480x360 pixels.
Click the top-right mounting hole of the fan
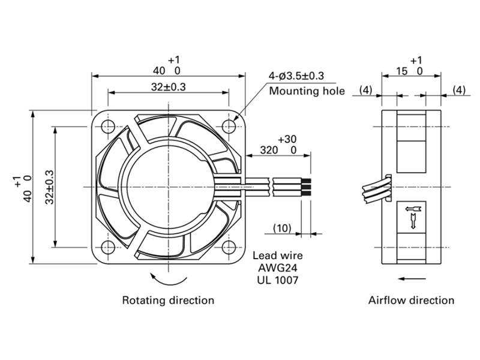(x=228, y=127)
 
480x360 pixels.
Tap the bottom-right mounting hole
(x=228, y=246)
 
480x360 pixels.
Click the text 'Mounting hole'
(x=307, y=91)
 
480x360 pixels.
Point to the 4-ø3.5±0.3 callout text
(x=296, y=76)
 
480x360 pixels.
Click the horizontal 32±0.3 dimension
(x=168, y=87)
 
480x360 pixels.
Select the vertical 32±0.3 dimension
(x=49, y=186)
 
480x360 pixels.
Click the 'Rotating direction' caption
(x=168, y=299)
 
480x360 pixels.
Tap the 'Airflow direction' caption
(x=411, y=299)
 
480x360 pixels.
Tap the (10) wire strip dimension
(x=282, y=228)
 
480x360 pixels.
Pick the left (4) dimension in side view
(x=366, y=91)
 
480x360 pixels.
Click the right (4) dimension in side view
(x=458, y=91)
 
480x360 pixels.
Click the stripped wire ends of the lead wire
(x=306, y=186)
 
